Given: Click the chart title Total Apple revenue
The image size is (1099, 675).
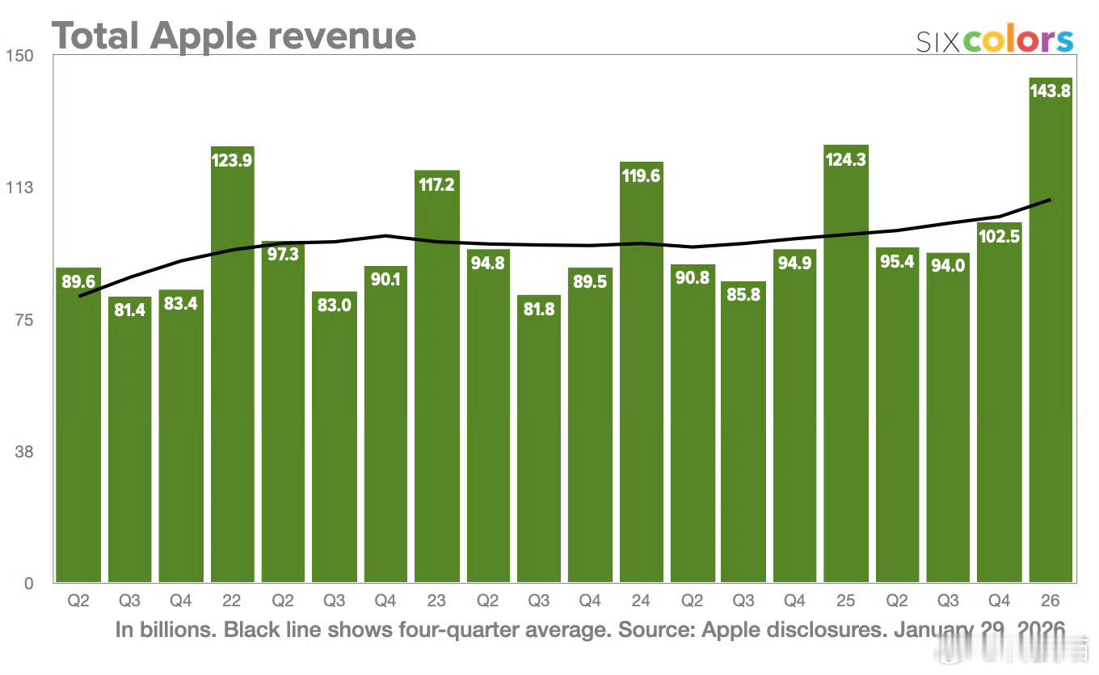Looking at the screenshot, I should click(234, 36).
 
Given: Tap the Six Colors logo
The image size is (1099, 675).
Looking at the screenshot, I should click(995, 40).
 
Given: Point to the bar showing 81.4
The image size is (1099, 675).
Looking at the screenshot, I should click(129, 445).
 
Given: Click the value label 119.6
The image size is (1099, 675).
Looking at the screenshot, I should click(642, 175).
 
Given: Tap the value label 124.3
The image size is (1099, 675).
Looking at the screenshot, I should click(846, 159).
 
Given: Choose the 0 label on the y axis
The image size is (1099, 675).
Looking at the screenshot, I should click(27, 583).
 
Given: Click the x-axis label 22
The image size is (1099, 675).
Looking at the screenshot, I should click(232, 601).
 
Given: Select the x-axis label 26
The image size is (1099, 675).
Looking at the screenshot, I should click(1051, 601).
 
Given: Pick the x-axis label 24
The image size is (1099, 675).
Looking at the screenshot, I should click(642, 601).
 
